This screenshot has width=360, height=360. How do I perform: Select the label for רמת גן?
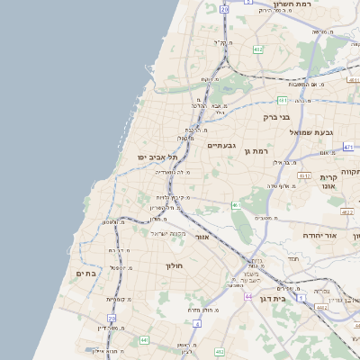(257, 151)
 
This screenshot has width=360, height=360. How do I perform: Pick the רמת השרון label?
(338, 5)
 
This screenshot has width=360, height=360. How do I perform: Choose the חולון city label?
(174, 266)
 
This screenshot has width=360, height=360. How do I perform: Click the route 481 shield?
(282, 100)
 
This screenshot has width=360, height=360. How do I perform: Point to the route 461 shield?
(236, 205)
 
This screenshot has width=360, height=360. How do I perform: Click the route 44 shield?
(247, 295)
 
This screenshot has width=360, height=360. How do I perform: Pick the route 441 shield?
(144, 341)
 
